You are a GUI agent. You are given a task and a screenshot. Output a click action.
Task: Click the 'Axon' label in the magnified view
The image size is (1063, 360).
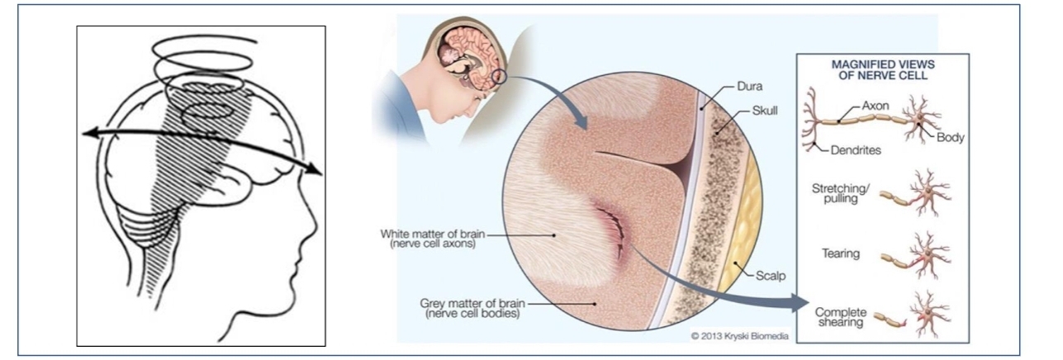pos(875,107)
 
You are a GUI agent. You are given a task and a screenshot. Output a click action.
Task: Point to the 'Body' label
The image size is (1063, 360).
pos(949,138)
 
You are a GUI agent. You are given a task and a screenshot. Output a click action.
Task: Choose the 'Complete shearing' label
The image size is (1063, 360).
pos(840,317)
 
